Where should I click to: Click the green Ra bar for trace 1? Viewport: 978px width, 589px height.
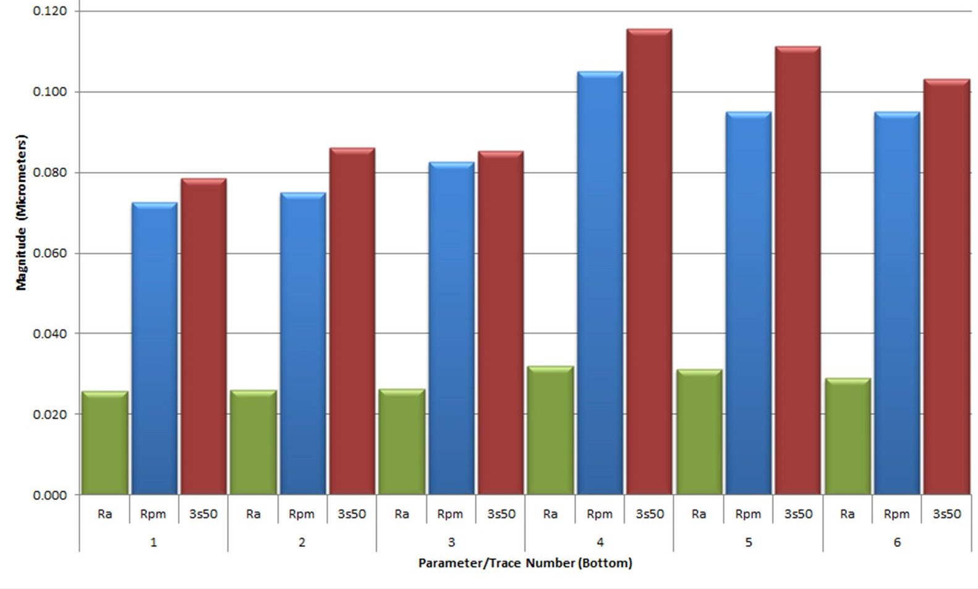pyautogui.click(x=105, y=443)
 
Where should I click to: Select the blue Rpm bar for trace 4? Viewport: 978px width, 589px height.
pyautogui.click(x=600, y=283)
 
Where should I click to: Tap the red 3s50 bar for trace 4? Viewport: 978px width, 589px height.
pyautogui.click(x=649, y=261)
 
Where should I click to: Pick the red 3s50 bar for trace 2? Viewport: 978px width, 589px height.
pyautogui.click(x=352, y=321)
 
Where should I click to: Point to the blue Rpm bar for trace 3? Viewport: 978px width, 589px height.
pyautogui.click(x=451, y=328)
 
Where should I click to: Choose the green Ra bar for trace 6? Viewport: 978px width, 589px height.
pyautogui.click(x=848, y=436)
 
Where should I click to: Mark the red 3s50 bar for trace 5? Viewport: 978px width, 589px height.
pyautogui.click(x=797, y=270)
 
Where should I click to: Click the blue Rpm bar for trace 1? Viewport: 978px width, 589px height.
pyautogui.click(x=155, y=349)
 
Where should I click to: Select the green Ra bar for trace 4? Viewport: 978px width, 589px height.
pyautogui.click(x=550, y=430)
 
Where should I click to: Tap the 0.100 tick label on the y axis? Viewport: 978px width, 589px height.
pyautogui.click(x=50, y=92)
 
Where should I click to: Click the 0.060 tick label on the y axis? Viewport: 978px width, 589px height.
pyautogui.click(x=50, y=253)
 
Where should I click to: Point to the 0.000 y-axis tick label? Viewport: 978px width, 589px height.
pyautogui.click(x=50, y=495)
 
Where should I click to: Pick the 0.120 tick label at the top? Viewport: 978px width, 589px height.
pyautogui.click(x=50, y=11)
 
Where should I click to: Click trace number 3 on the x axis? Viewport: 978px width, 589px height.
pyautogui.click(x=451, y=542)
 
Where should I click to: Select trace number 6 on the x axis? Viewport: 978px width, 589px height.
pyautogui.click(x=897, y=542)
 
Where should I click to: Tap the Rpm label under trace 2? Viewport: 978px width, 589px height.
pyautogui.click(x=301, y=514)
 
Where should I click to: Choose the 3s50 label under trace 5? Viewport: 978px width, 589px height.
pyautogui.click(x=798, y=514)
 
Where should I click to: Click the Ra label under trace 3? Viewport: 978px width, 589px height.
pyautogui.click(x=402, y=514)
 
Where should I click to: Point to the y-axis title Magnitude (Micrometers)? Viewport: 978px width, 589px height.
pyautogui.click(x=22, y=213)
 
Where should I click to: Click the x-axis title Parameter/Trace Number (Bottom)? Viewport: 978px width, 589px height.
pyautogui.click(x=525, y=563)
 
